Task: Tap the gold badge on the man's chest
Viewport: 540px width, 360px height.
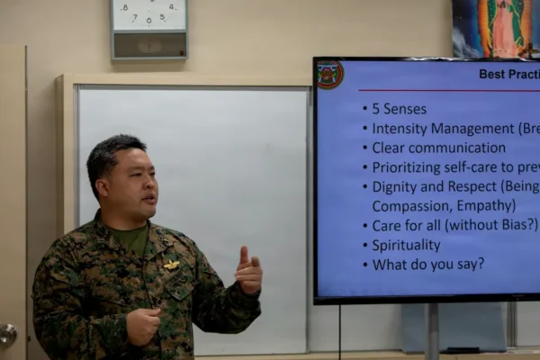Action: [171, 265]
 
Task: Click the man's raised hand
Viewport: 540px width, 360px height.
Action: [248, 271]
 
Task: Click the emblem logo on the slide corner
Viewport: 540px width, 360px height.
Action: [330, 75]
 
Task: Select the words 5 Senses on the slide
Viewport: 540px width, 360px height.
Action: [399, 109]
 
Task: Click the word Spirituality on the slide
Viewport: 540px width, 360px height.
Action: [406, 245]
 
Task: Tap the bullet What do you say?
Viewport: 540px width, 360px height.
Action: [427, 264]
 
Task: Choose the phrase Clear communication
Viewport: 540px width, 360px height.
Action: [438, 148]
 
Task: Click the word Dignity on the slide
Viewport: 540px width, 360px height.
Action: [395, 186]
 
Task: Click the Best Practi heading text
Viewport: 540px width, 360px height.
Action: [508, 75]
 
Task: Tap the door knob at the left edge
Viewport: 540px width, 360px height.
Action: [7, 336]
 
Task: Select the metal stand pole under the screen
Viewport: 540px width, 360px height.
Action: [432, 331]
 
